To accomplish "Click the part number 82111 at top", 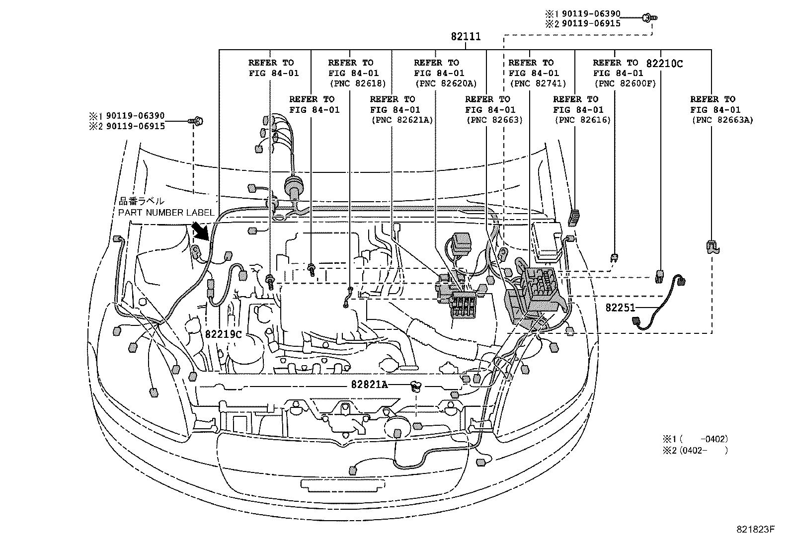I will [x=466, y=37].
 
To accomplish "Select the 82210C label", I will [x=664, y=64].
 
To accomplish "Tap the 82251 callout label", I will [x=620, y=308].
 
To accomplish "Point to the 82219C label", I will [x=223, y=334].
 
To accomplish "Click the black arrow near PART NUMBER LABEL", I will [x=200, y=231].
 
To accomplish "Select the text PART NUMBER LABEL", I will [x=166, y=213].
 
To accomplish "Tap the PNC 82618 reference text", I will [x=357, y=83].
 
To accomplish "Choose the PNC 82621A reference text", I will [x=401, y=120].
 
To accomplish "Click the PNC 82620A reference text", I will [x=445, y=83].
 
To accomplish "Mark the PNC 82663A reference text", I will [x=721, y=120].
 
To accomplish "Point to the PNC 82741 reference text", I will [x=538, y=83].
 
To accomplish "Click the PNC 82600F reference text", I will [x=625, y=83].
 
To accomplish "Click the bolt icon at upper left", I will [x=197, y=120].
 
